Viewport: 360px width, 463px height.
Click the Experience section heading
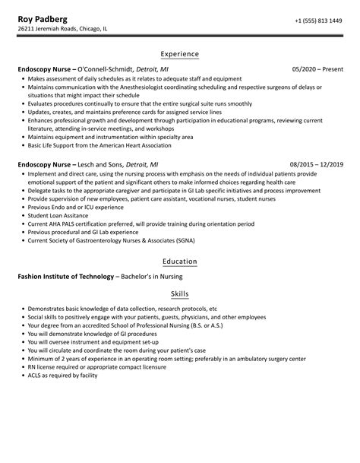[180, 54]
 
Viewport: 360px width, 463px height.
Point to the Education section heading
[180, 262]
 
